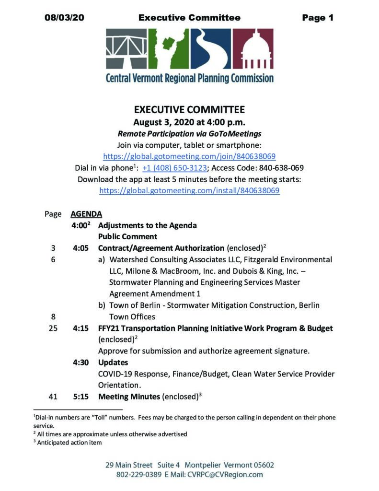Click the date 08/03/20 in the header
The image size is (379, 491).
click(65, 18)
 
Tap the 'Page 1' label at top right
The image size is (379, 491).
click(317, 18)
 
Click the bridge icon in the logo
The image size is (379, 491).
click(126, 49)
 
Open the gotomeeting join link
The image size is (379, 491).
click(189, 156)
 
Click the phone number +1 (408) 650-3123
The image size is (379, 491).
click(174, 168)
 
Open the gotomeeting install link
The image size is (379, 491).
click(189, 190)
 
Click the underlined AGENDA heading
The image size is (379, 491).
click(86, 214)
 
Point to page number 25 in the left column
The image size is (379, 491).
click(53, 328)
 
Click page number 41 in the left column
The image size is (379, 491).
click(53, 397)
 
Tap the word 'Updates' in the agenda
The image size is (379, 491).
click(113, 362)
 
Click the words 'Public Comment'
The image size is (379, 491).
click(127, 237)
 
